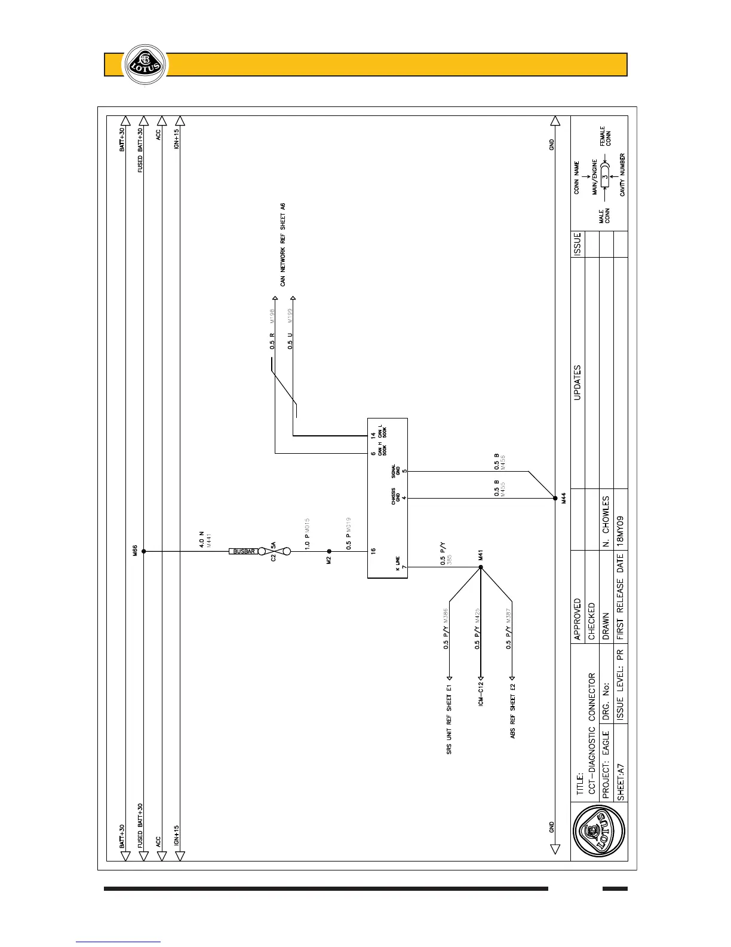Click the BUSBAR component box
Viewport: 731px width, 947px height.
point(244,551)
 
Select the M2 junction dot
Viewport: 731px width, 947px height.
point(328,551)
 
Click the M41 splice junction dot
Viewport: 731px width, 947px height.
point(480,567)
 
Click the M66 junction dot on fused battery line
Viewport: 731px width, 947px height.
point(143,551)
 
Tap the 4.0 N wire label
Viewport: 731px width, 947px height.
point(201,540)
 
